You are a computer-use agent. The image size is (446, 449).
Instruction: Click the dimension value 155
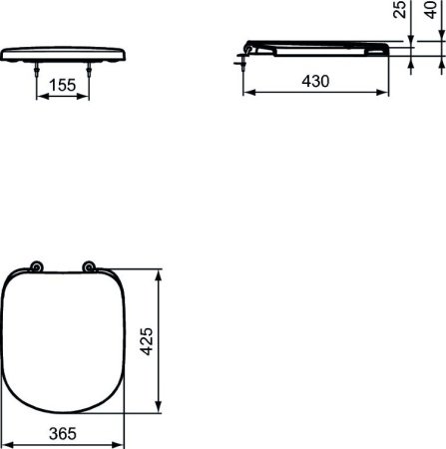[62, 86]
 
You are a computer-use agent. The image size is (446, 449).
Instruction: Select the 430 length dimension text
[315, 81]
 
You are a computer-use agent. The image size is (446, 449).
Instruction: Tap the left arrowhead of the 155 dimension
[40, 97]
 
